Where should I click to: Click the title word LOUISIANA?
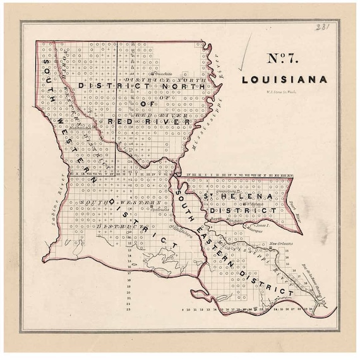pyautogui.click(x=284, y=80)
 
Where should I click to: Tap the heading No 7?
pyautogui.click(x=284, y=59)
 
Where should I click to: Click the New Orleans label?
pyautogui.click(x=282, y=244)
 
